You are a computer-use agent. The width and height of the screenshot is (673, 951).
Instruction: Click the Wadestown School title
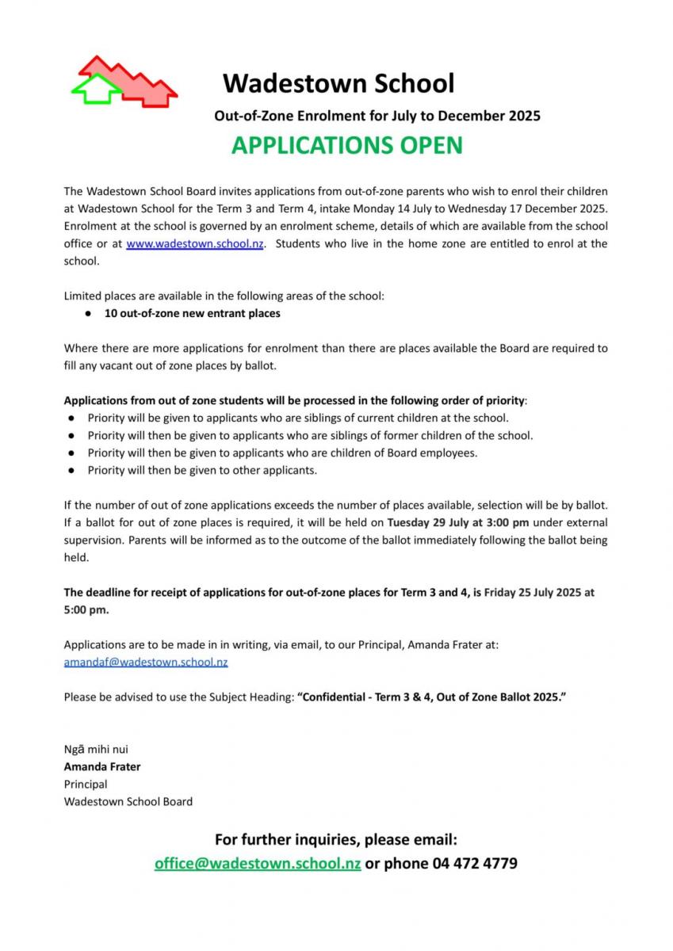[338, 82]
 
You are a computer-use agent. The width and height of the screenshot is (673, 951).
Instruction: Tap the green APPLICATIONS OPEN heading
[346, 145]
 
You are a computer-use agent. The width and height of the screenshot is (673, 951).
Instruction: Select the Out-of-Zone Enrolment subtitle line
[377, 116]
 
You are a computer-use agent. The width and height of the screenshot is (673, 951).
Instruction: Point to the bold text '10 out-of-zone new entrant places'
[192, 313]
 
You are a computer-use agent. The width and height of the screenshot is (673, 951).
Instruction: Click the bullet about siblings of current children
[298, 418]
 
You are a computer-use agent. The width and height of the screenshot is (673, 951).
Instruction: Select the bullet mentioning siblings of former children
[310, 435]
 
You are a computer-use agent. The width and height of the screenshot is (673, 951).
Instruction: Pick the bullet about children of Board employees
[282, 453]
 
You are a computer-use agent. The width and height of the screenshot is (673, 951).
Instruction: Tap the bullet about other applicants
[202, 470]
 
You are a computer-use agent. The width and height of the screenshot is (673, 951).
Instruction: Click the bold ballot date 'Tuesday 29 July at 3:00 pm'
[457, 522]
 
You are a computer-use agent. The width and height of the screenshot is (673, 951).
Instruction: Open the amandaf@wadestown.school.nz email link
[146, 662]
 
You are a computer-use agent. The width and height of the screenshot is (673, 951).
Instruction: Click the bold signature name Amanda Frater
[102, 766]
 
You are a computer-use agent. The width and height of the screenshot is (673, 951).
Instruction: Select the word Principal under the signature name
[86, 784]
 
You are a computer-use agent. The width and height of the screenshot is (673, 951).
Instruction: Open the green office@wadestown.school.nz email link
[258, 863]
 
